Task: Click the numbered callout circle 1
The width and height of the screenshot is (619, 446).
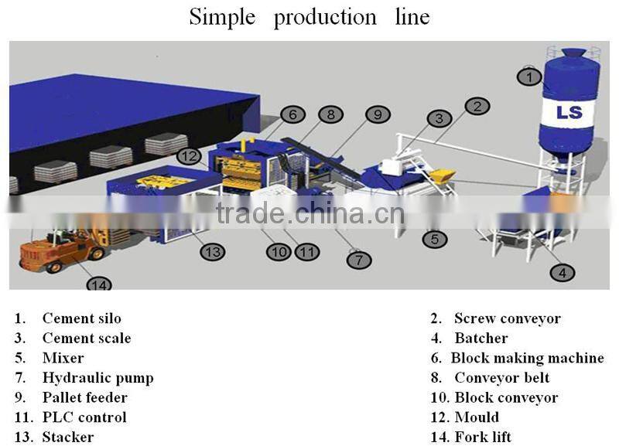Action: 530,77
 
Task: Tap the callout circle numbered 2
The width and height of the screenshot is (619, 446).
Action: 477,106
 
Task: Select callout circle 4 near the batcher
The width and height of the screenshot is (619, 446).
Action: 563,272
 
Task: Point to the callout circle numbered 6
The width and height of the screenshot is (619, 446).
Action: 292,114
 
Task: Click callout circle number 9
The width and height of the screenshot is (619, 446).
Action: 377,114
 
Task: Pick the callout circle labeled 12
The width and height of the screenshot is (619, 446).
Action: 190,156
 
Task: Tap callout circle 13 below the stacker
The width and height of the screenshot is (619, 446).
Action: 213,251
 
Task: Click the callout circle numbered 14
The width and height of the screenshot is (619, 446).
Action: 99,284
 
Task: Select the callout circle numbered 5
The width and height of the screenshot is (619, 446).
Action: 435,239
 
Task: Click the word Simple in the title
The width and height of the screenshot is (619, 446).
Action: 222,17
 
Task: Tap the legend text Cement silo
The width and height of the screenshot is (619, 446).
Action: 81,318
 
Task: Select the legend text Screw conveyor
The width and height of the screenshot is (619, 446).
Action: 507,318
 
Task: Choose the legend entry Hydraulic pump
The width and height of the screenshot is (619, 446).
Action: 97,378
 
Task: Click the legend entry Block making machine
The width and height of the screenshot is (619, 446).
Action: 527,358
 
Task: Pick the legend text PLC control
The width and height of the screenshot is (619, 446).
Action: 84,417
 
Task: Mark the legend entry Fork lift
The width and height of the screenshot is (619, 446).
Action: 483,437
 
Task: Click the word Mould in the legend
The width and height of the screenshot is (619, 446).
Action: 477,417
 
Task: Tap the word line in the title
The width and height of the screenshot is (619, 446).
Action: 412,17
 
